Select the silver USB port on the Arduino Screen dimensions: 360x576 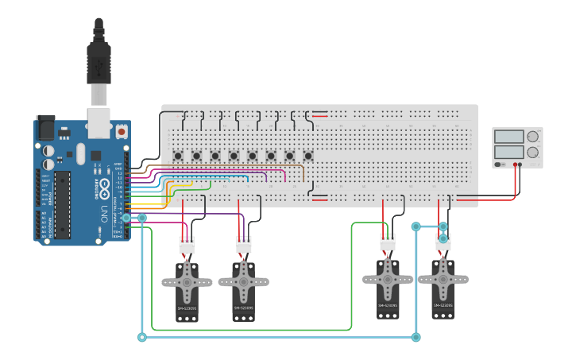(x=98, y=121)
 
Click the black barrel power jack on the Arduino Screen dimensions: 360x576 (x=46, y=128)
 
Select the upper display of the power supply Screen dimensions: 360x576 (x=508, y=137)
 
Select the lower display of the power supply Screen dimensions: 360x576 (x=508, y=152)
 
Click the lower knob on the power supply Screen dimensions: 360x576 (x=532, y=152)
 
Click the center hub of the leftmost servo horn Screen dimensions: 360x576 (x=187, y=281)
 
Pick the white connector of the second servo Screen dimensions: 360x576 (x=244, y=246)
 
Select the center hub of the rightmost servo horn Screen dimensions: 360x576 (x=443, y=278)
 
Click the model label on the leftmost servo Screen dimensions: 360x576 (x=187, y=308)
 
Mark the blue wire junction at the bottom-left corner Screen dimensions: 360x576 (x=142, y=338)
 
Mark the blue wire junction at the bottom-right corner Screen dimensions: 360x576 (x=416, y=338)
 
